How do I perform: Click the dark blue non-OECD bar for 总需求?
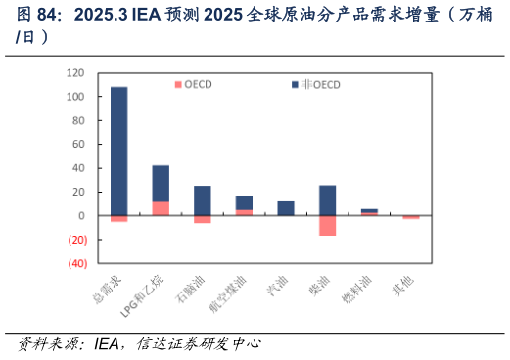click(x=118, y=151)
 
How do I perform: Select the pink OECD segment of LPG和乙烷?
click(x=161, y=207)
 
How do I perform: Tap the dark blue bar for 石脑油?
click(x=202, y=201)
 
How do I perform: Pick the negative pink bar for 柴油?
click(x=327, y=225)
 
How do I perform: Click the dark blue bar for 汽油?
click(x=285, y=207)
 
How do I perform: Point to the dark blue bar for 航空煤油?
click(x=244, y=202)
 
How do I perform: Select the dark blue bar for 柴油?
click(x=327, y=200)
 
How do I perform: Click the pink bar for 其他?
click(x=410, y=217)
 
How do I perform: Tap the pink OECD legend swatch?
click(x=177, y=84)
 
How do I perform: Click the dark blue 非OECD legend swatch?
click(x=295, y=84)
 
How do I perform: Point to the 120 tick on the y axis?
click(x=73, y=73)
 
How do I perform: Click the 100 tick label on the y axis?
click(x=73, y=97)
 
